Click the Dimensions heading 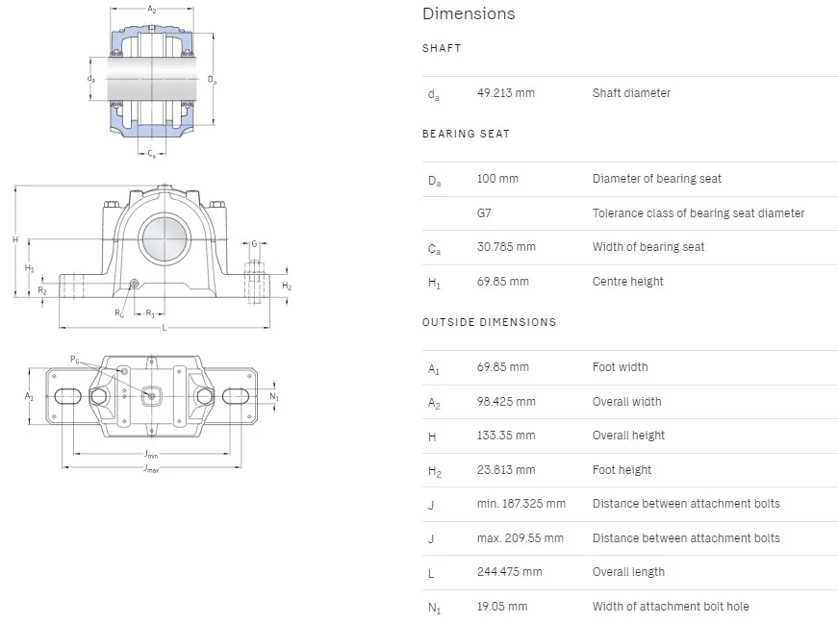(x=469, y=13)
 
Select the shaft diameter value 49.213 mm (x=505, y=93)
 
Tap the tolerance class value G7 (x=484, y=213)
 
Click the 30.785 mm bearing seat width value (x=506, y=247)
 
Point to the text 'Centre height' (x=627, y=282)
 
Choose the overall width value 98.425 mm (x=506, y=402)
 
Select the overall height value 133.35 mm (x=505, y=436)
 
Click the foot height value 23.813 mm (x=505, y=470)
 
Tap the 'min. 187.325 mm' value (x=521, y=504)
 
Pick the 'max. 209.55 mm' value (x=520, y=538)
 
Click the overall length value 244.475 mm (x=509, y=572)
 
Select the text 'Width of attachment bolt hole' (x=670, y=607)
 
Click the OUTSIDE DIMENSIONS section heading (x=489, y=322)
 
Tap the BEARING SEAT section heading (x=466, y=134)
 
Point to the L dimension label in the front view (x=165, y=328)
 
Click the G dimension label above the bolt (x=254, y=244)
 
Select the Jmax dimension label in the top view (x=151, y=469)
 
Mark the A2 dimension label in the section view (x=152, y=10)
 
